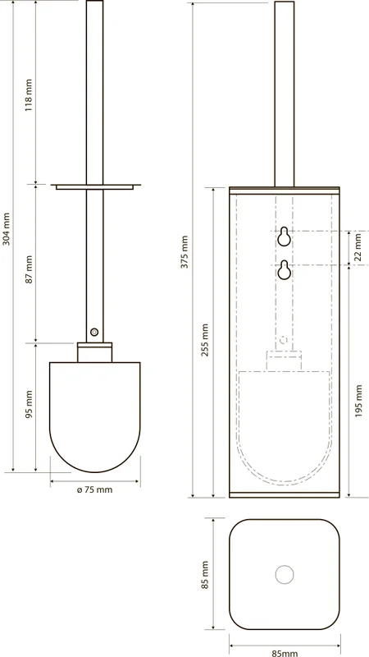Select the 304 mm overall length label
(6, 235)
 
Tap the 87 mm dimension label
(28, 269)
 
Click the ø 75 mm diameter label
(95, 489)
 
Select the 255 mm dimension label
(205, 340)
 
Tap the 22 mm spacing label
(358, 248)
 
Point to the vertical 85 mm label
(205, 574)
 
